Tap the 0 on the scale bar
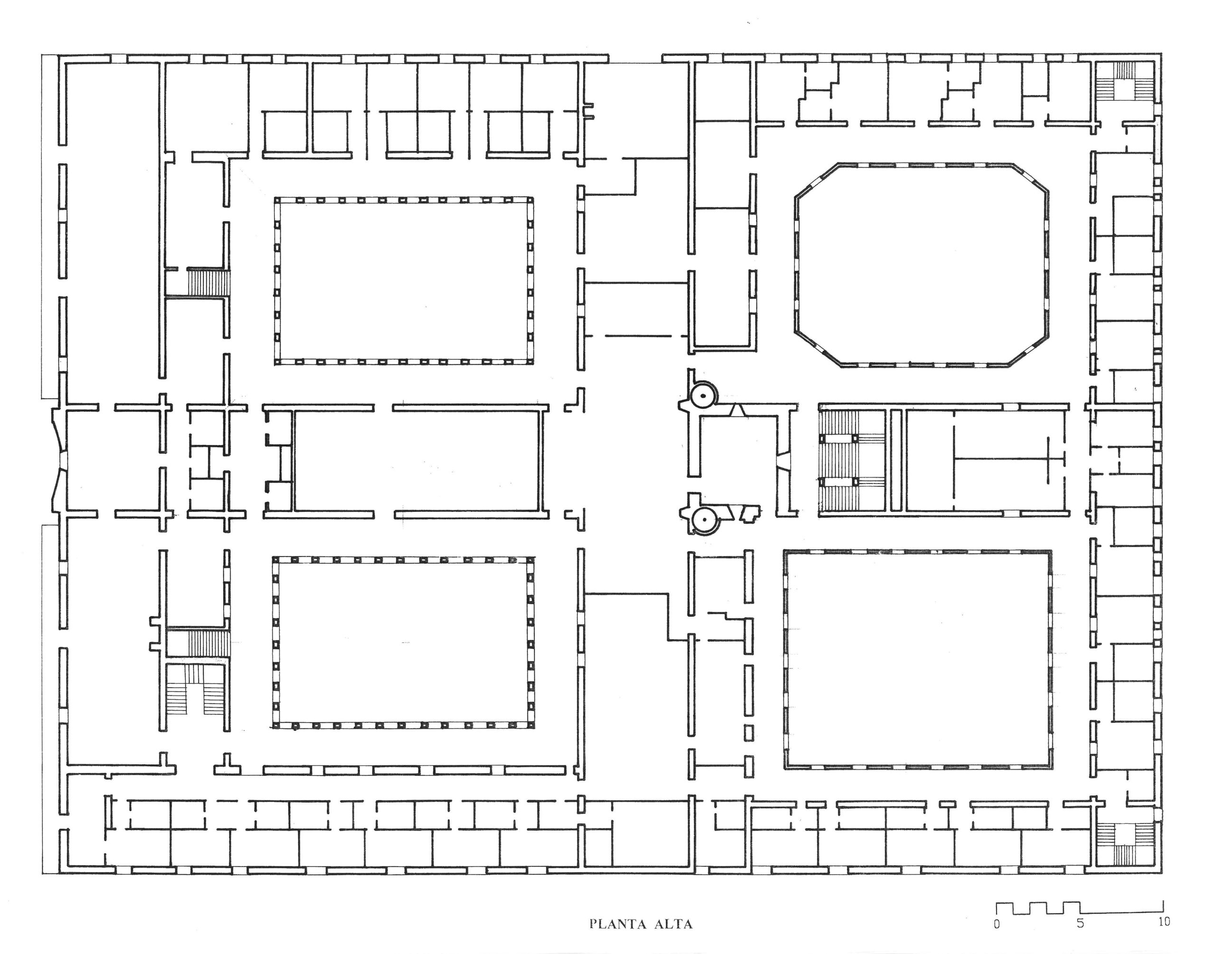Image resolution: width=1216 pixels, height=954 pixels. click(997, 924)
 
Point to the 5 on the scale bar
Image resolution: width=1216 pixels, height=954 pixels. click(1080, 924)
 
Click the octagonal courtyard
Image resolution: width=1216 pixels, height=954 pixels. click(921, 265)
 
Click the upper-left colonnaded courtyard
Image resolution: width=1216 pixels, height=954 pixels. click(404, 281)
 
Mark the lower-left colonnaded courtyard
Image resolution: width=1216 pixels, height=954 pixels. click(404, 642)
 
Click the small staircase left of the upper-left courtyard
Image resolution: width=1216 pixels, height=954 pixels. click(207, 283)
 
